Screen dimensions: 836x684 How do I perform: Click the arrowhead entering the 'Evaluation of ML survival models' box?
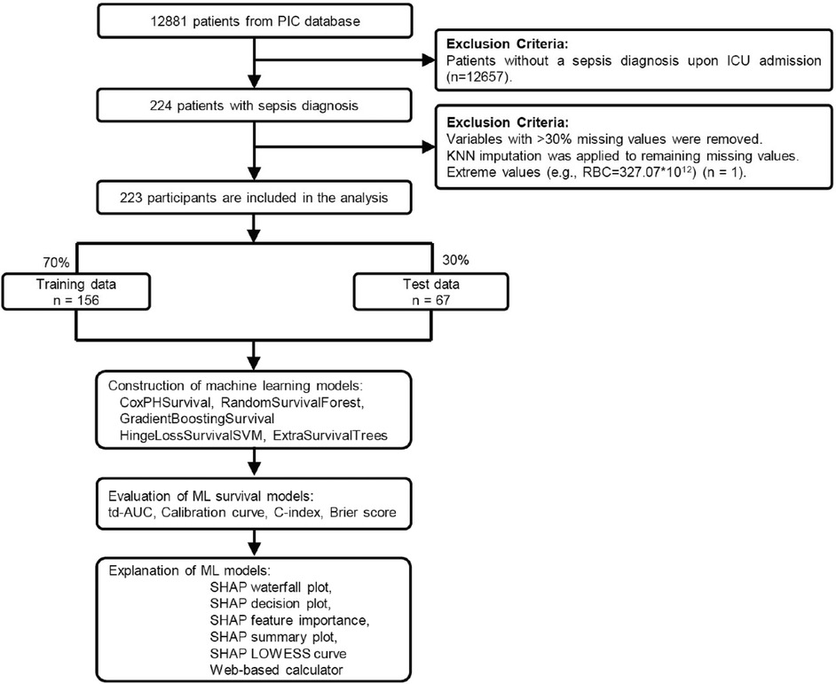[255, 476]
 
